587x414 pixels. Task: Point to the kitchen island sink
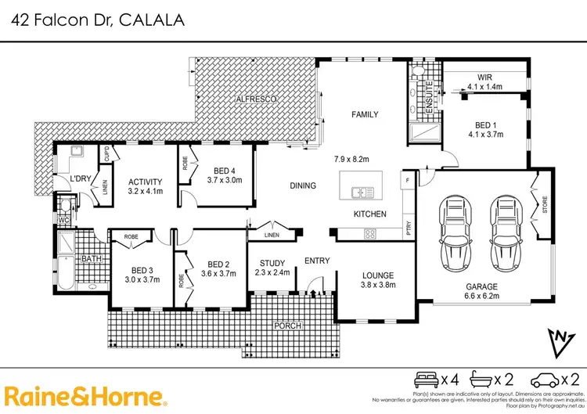(x=361, y=191)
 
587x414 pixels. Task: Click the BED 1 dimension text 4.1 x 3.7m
(x=484, y=135)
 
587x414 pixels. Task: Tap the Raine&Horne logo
(x=85, y=396)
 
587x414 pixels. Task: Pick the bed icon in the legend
(x=427, y=379)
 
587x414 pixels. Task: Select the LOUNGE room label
(x=377, y=275)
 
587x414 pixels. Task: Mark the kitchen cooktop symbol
(x=370, y=232)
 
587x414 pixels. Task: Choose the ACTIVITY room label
(x=145, y=181)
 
